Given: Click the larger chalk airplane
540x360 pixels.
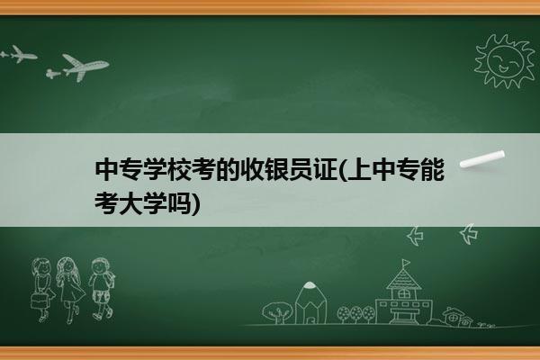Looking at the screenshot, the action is [85, 67].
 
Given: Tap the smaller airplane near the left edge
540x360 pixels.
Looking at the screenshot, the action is [23, 54].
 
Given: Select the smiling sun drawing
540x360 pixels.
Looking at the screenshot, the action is [504, 61].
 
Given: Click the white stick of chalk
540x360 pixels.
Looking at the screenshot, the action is [482, 159].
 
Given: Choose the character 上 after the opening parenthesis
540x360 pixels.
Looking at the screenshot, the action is [359, 169].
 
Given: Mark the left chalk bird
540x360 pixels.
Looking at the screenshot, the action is [415, 236].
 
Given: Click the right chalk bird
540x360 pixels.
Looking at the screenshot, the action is [469, 234].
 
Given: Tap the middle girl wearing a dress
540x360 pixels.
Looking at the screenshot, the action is [70, 289].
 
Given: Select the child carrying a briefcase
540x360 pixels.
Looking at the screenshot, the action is [42, 290].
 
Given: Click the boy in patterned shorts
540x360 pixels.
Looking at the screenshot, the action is [101, 288].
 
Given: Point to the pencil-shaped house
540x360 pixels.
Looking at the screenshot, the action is [310, 303].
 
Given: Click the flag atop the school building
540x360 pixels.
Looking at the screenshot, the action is [406, 263].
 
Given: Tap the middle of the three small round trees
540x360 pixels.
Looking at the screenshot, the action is [355, 314].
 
